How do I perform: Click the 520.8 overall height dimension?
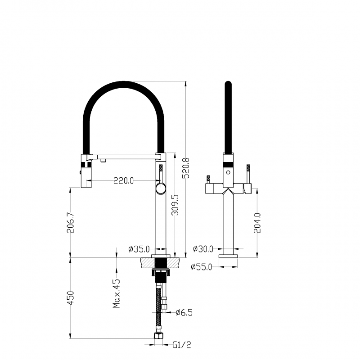185,168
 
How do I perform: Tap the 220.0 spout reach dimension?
123,181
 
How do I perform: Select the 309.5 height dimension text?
175,205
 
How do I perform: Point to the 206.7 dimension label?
71,223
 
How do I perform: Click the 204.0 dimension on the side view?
257,223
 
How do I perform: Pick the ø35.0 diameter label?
139,249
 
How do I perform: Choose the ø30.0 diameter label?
203,249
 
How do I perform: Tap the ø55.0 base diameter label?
202,267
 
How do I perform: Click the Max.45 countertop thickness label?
117,293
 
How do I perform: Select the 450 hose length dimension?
71,298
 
